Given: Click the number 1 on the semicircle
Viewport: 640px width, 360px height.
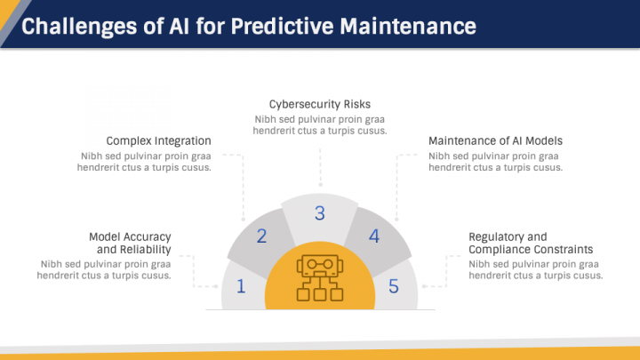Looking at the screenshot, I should pos(241,286).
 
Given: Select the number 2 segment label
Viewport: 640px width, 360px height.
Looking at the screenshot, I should pos(262,236).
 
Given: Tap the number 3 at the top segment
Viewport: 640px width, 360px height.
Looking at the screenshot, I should pos(319,213).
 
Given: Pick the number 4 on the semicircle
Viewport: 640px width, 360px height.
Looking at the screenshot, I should pos(374,236).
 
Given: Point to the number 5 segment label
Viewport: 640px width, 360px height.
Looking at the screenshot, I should pos(394,286).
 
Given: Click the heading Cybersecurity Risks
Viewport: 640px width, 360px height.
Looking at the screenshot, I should pos(320,103).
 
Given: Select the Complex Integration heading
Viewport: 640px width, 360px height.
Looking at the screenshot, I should pos(158,140).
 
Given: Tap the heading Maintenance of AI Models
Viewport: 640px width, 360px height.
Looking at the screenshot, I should pos(495,140).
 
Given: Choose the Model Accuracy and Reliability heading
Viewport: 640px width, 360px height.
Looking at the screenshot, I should pos(130,243).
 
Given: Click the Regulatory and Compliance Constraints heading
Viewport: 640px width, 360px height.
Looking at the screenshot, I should pos(530,243).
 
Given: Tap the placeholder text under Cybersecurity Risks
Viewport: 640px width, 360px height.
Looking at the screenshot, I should pos(320,124).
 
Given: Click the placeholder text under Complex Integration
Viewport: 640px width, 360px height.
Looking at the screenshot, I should pos(146,162).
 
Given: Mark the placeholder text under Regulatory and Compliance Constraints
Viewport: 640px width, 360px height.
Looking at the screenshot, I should pos(536,269).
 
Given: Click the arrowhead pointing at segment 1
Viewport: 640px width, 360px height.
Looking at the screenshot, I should pos(216,286).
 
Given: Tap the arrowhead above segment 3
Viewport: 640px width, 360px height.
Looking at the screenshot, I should pos(319,184).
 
